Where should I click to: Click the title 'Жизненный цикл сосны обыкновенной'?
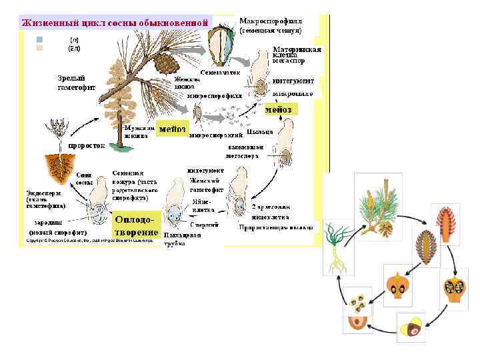click(x=115, y=22)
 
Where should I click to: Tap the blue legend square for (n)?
click(x=39, y=39)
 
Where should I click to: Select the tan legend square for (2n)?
click(x=39, y=48)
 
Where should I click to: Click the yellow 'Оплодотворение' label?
click(x=137, y=225)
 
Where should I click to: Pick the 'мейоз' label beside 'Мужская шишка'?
click(x=172, y=128)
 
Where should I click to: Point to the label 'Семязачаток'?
click(x=220, y=71)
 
